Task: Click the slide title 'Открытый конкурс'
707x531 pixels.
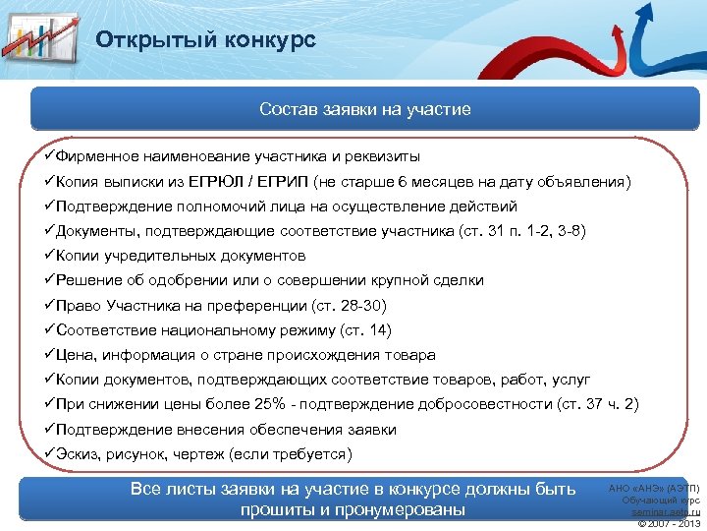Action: [205, 40]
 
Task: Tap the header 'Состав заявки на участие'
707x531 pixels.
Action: [365, 109]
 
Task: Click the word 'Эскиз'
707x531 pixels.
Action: [79, 454]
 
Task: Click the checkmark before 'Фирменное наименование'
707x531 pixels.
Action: [50, 156]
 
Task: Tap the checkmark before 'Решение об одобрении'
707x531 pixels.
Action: [50, 280]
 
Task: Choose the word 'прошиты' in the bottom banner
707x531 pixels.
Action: [279, 510]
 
